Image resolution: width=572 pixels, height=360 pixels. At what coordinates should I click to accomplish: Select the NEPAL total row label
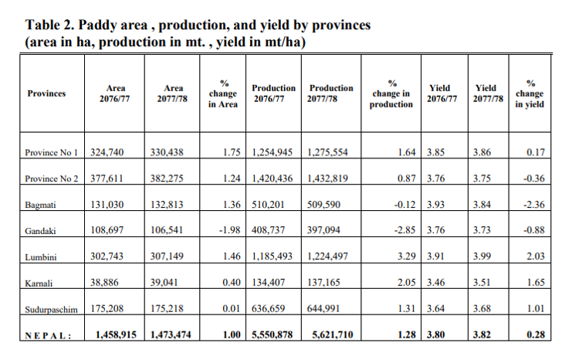pyautogui.click(x=49, y=336)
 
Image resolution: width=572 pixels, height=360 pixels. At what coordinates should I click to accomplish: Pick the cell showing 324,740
pyautogui.click(x=109, y=152)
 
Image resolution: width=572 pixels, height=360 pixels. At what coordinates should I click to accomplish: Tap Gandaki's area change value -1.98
pyautogui.click(x=224, y=231)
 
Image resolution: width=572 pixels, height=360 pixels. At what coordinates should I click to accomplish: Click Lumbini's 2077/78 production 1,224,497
pyautogui.click(x=328, y=257)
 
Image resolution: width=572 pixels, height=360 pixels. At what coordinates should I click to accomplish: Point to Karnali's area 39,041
pyautogui.click(x=168, y=284)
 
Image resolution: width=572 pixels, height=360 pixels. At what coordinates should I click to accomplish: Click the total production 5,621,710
pyautogui.click(x=331, y=336)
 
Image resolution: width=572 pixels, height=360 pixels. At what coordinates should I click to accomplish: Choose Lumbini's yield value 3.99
pyautogui.click(x=482, y=257)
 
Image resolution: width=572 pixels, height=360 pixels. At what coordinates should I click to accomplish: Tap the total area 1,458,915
pyautogui.click(x=116, y=336)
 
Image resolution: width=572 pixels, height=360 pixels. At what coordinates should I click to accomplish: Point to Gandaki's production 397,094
pyautogui.click(x=325, y=231)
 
